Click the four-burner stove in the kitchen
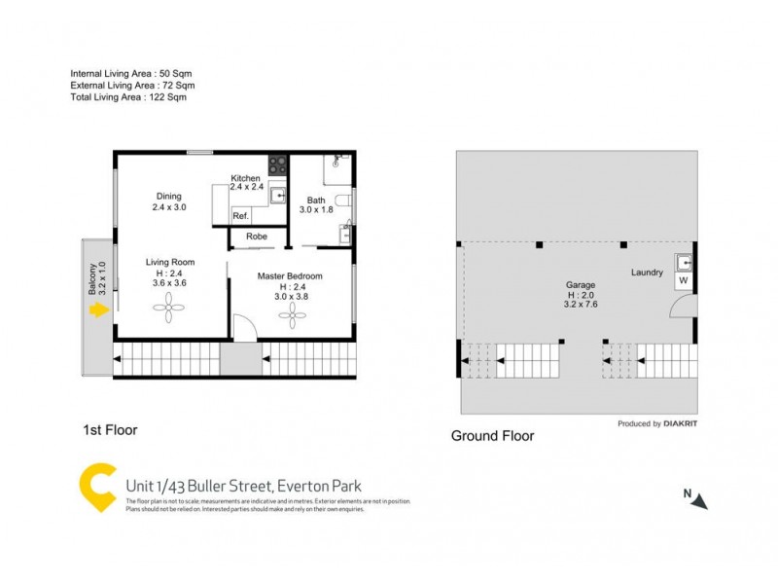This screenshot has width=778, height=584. (277, 165)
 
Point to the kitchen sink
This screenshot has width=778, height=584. (278, 196)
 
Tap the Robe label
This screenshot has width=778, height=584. (257, 237)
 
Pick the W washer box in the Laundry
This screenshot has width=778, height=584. (684, 280)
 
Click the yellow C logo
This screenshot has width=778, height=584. (98, 489)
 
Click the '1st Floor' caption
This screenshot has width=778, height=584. (110, 429)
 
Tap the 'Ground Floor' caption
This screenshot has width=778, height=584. (492, 436)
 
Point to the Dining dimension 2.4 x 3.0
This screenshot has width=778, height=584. (168, 207)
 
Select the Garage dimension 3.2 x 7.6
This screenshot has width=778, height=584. (582, 304)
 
